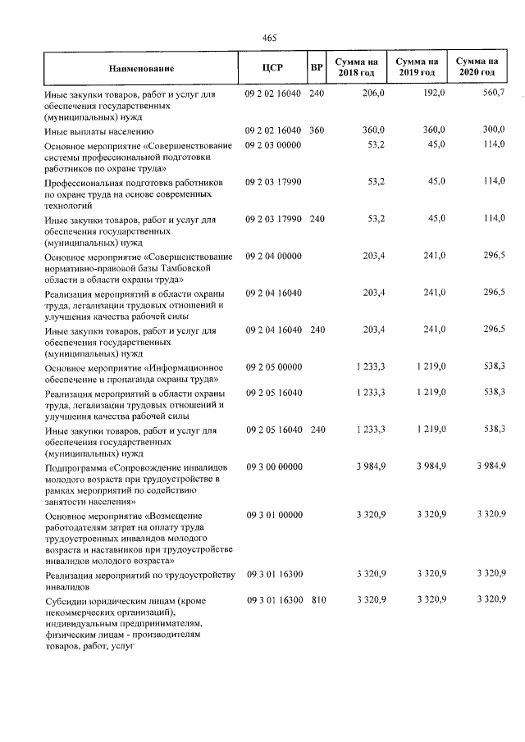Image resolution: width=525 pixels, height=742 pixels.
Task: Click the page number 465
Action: click(x=270, y=38)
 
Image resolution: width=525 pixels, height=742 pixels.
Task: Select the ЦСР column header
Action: click(x=272, y=68)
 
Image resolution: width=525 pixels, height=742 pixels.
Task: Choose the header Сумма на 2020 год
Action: click(x=477, y=68)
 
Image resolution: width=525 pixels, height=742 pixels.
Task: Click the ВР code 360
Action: click(x=317, y=130)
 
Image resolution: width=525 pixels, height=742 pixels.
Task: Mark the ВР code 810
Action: click(x=318, y=601)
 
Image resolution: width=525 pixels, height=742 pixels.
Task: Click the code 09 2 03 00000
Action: click(x=274, y=145)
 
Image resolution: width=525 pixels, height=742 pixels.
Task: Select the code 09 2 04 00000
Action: click(x=274, y=257)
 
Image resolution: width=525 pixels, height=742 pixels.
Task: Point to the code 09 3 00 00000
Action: click(x=274, y=467)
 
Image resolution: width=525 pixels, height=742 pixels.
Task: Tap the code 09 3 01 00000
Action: click(x=274, y=514)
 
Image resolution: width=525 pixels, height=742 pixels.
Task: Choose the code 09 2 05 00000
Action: click(x=274, y=368)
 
